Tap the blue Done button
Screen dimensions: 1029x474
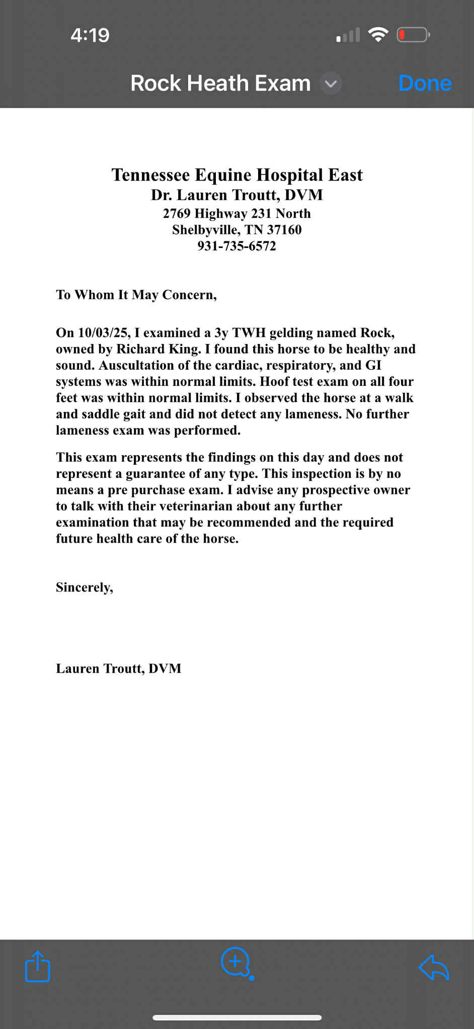425,83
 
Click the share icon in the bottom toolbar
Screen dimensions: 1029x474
38,966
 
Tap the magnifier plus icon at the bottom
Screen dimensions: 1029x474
235,962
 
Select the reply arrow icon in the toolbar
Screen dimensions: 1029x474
434,967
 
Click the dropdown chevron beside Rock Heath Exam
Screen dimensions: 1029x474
331,83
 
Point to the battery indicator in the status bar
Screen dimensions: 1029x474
413,35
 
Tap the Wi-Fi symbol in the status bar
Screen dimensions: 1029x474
378,35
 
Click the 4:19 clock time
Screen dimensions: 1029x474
90,35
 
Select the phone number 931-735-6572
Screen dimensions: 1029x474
236,246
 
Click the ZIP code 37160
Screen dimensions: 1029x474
284,230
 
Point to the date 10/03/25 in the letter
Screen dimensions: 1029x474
105,333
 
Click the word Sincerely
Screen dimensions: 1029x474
84,587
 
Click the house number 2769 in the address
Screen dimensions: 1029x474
177,214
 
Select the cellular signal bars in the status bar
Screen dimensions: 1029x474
348,35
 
